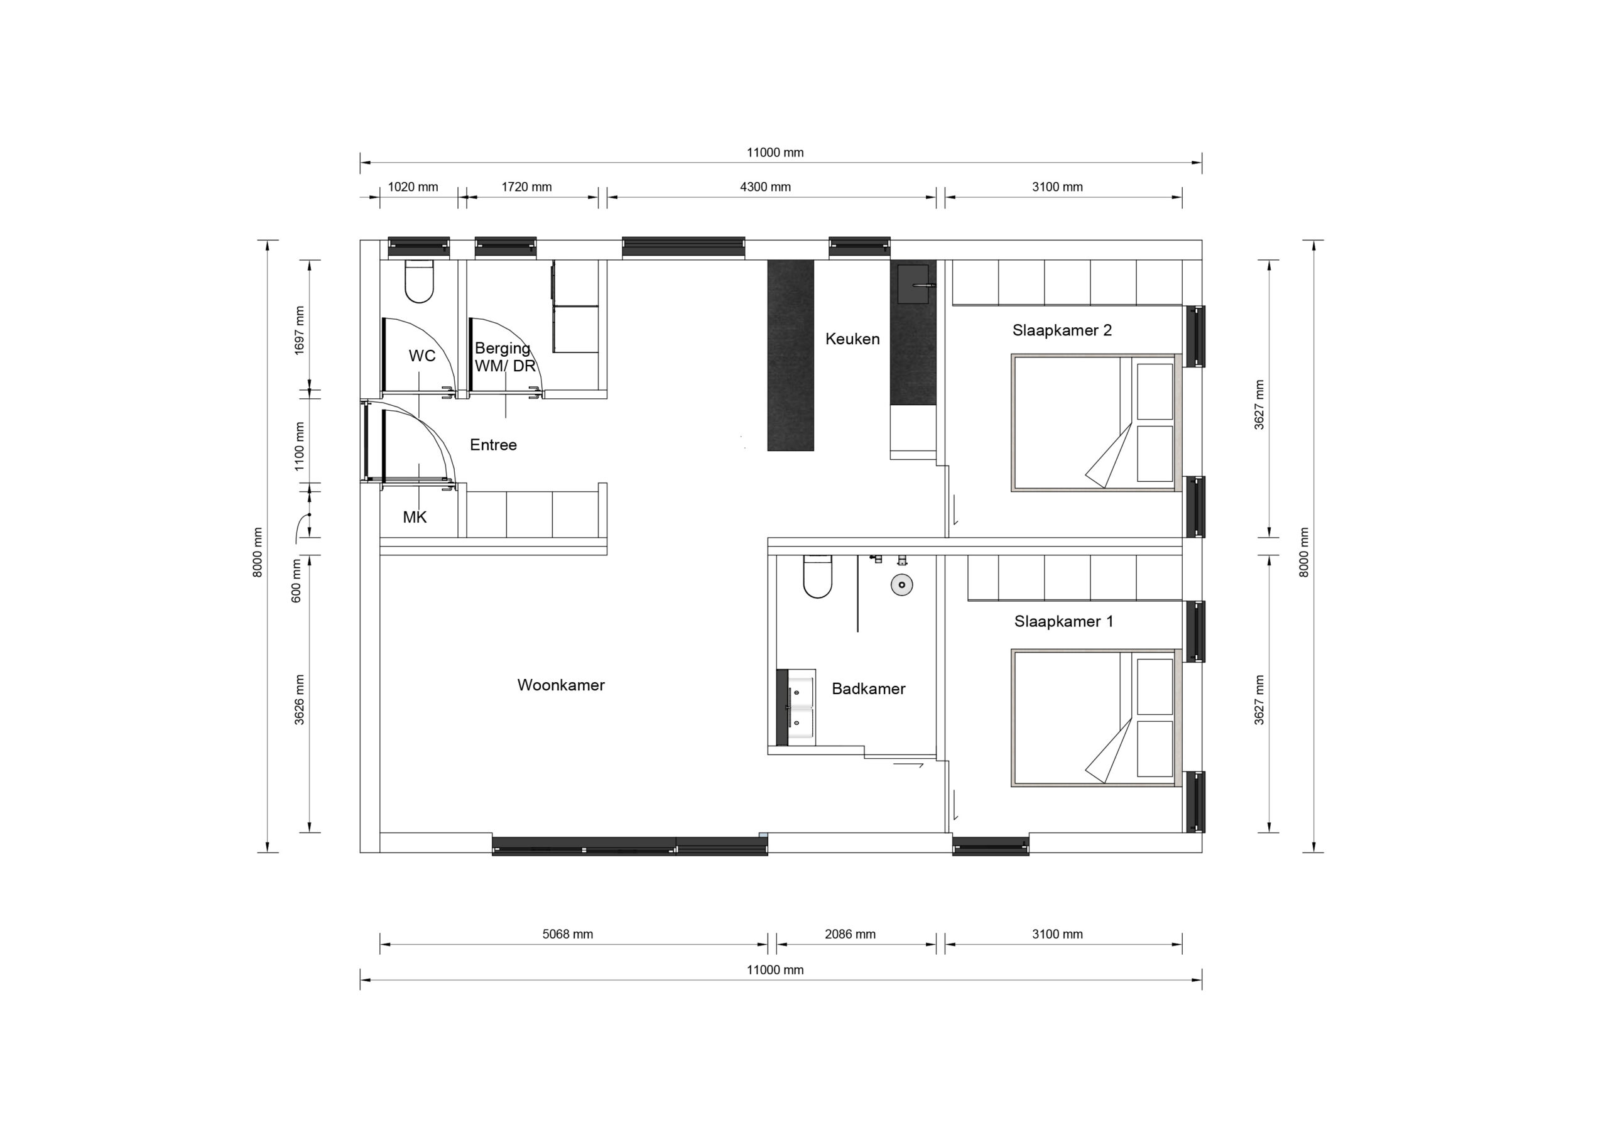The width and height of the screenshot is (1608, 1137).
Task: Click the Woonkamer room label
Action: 560,685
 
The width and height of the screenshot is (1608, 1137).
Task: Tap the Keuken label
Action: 852,339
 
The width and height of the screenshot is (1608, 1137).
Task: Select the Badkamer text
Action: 869,688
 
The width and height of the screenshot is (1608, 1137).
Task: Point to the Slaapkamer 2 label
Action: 1062,330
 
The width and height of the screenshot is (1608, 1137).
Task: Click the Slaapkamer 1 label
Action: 1063,621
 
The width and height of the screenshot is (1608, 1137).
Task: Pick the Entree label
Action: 493,445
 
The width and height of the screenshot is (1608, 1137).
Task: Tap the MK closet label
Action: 415,517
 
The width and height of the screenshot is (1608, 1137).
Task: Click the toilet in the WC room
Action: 419,281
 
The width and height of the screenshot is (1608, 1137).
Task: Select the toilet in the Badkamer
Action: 817,576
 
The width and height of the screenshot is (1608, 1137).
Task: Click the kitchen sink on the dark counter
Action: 913,284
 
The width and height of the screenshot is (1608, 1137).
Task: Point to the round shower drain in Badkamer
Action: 901,584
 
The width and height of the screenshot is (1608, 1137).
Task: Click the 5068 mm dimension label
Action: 567,934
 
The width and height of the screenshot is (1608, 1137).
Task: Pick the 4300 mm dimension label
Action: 765,187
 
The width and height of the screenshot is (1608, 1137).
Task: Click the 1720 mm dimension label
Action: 526,187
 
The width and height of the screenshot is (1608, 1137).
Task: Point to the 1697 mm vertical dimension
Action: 299,330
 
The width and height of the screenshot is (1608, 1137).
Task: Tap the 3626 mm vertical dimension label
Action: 299,699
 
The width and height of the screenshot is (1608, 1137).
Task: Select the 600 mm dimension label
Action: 296,580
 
